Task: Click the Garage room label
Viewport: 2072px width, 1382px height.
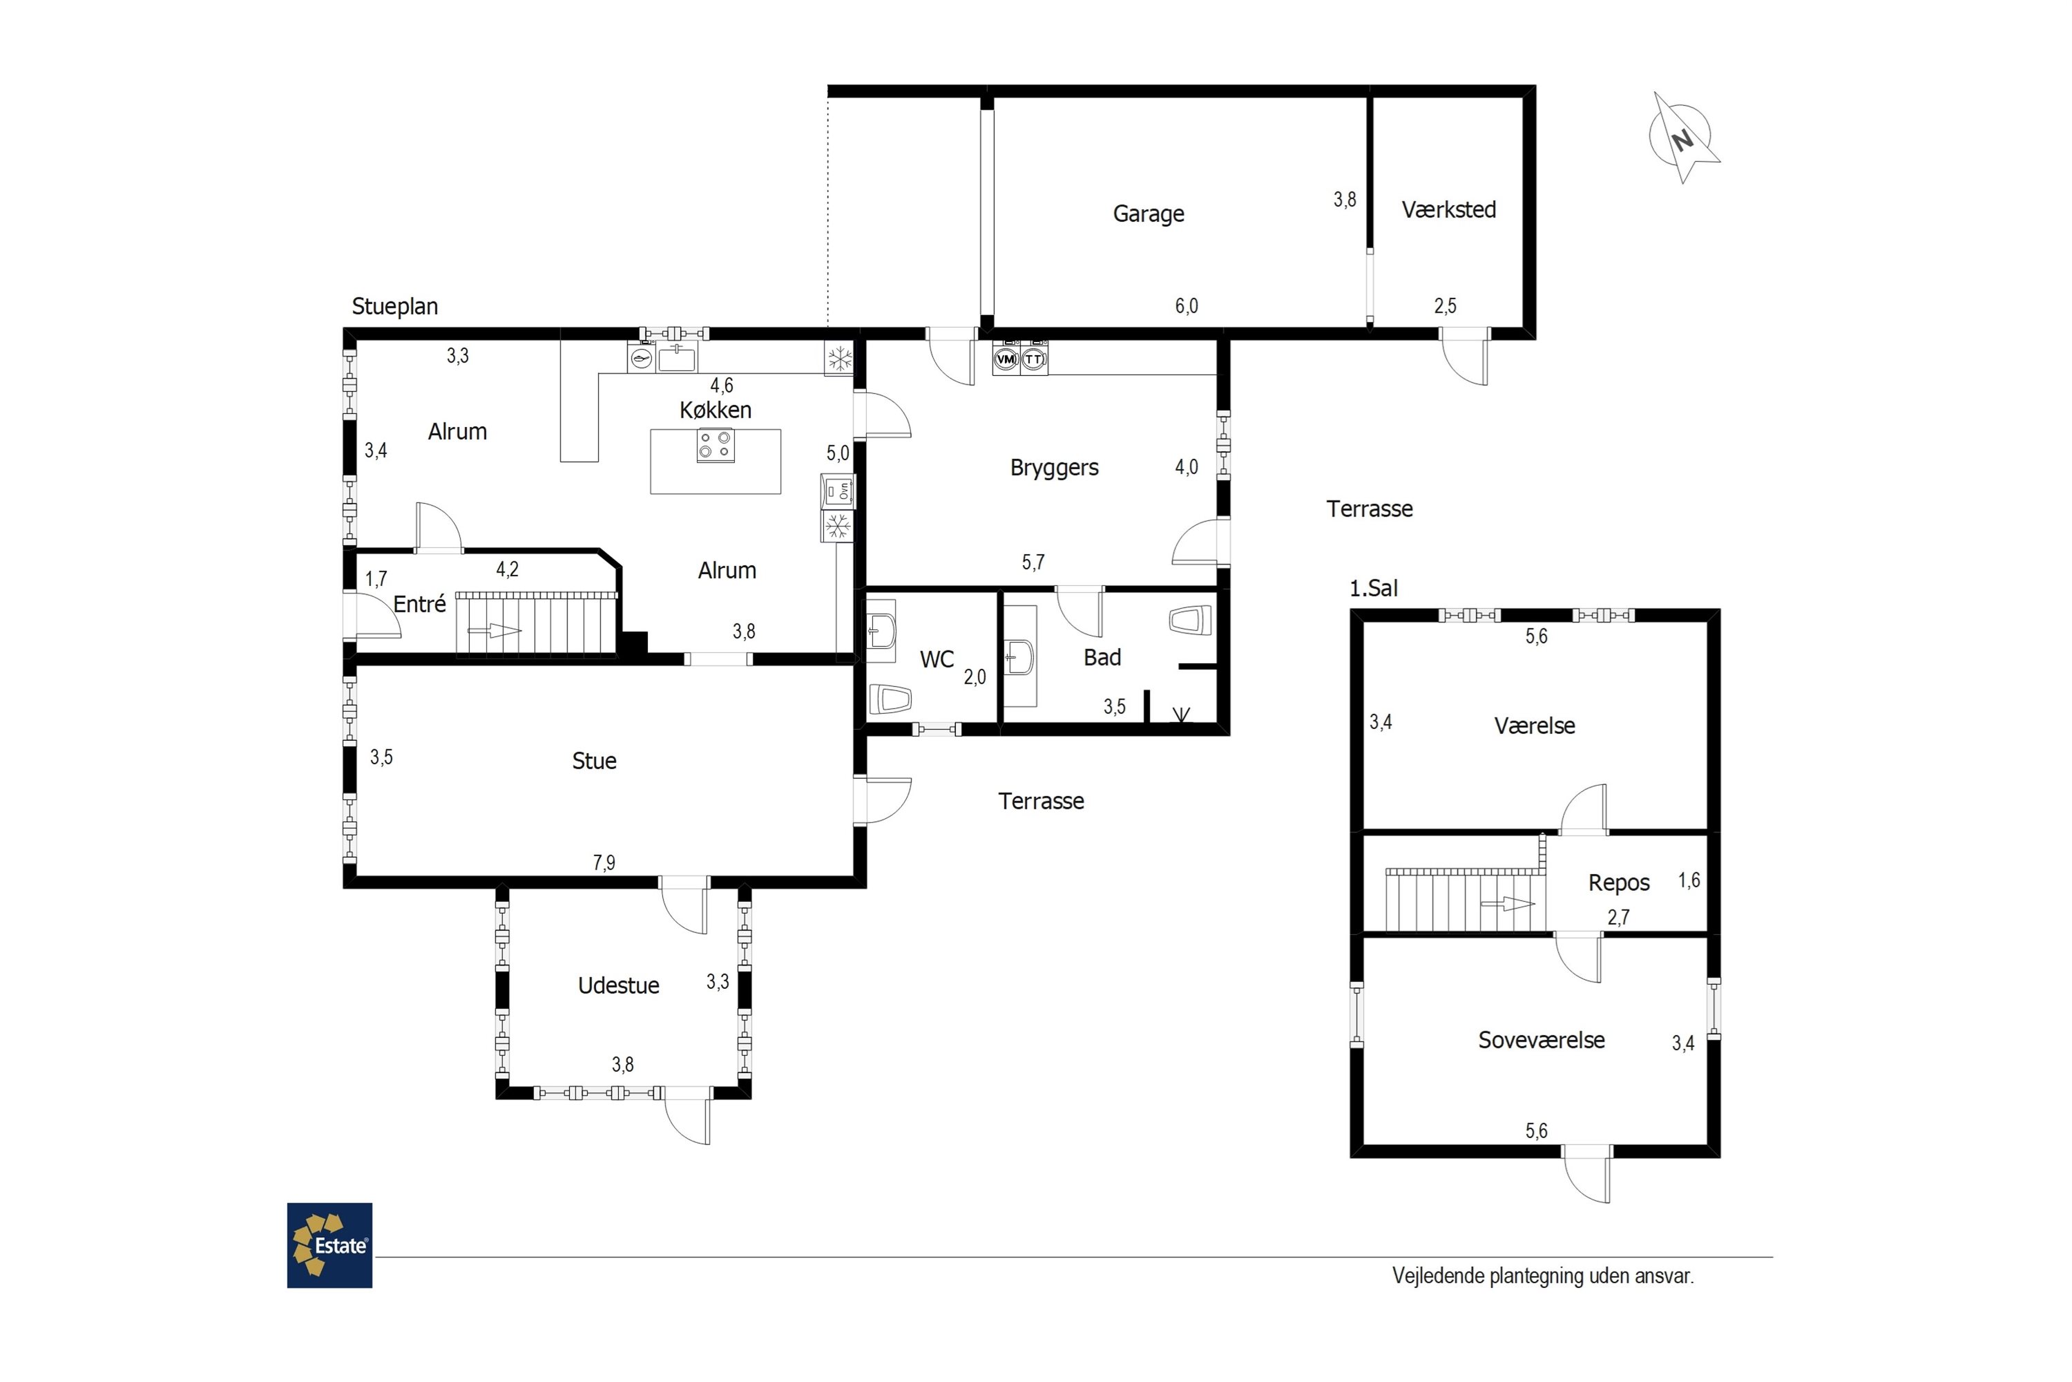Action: click(x=1148, y=214)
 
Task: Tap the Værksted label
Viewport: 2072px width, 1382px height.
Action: click(x=1448, y=210)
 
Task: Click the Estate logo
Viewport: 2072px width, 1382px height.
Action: click(x=329, y=1244)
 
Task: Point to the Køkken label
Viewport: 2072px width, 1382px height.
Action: click(x=716, y=410)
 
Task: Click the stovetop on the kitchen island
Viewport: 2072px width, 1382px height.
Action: click(x=716, y=445)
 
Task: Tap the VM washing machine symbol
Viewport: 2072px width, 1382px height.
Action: click(x=1005, y=359)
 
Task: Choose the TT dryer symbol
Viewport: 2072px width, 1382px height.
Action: click(x=1033, y=359)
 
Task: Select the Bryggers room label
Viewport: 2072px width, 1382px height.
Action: click(x=1054, y=468)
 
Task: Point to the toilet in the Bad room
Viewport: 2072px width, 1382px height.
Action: click(x=1190, y=620)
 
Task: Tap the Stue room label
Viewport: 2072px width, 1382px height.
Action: click(x=594, y=761)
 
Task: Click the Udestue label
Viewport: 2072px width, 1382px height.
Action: click(x=618, y=985)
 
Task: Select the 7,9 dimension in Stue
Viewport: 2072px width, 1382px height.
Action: click(x=604, y=863)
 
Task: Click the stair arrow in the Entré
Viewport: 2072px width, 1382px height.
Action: click(x=495, y=630)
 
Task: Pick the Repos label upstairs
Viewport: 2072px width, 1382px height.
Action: click(x=1619, y=883)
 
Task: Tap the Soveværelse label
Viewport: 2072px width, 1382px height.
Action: click(x=1541, y=1040)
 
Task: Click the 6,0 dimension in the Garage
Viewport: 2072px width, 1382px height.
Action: click(x=1186, y=306)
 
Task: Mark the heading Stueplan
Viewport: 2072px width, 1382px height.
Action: click(x=394, y=307)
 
